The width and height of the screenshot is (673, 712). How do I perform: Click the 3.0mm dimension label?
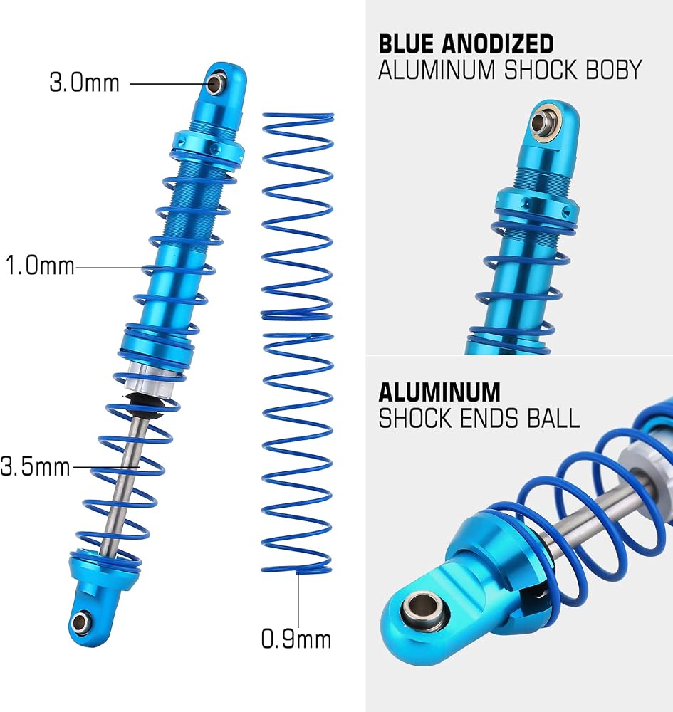point(85,83)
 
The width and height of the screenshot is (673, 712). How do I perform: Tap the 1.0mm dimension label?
point(40,265)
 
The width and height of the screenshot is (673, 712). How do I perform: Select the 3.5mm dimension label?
point(36,467)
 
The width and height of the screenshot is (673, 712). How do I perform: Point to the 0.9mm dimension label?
point(296,639)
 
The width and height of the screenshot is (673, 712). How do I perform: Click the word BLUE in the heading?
point(405,44)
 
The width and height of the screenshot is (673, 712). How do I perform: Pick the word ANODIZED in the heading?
point(497,44)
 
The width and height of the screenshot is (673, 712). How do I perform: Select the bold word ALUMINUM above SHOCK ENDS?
point(439,392)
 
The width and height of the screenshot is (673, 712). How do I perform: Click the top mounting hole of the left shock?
point(214,83)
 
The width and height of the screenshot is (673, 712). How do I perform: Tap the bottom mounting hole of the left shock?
point(80,621)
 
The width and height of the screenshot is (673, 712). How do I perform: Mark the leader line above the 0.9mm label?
point(298,600)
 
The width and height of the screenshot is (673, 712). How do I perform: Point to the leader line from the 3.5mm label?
point(106,467)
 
